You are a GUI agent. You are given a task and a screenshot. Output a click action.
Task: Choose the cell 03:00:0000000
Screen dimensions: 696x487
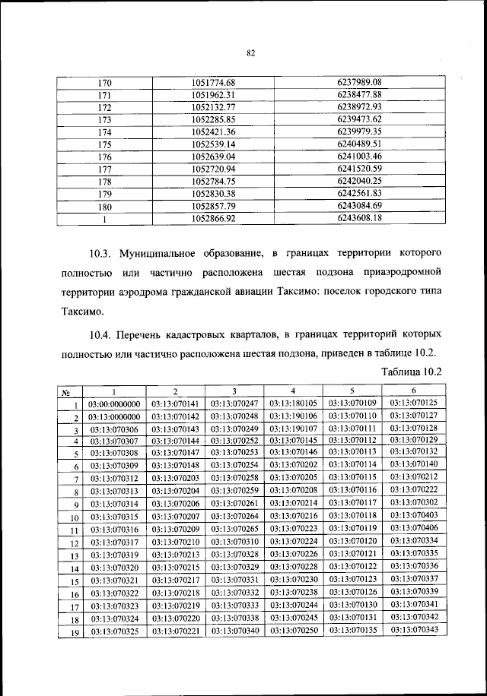(115, 404)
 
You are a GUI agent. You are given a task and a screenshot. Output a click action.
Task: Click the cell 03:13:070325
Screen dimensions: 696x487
(115, 631)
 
